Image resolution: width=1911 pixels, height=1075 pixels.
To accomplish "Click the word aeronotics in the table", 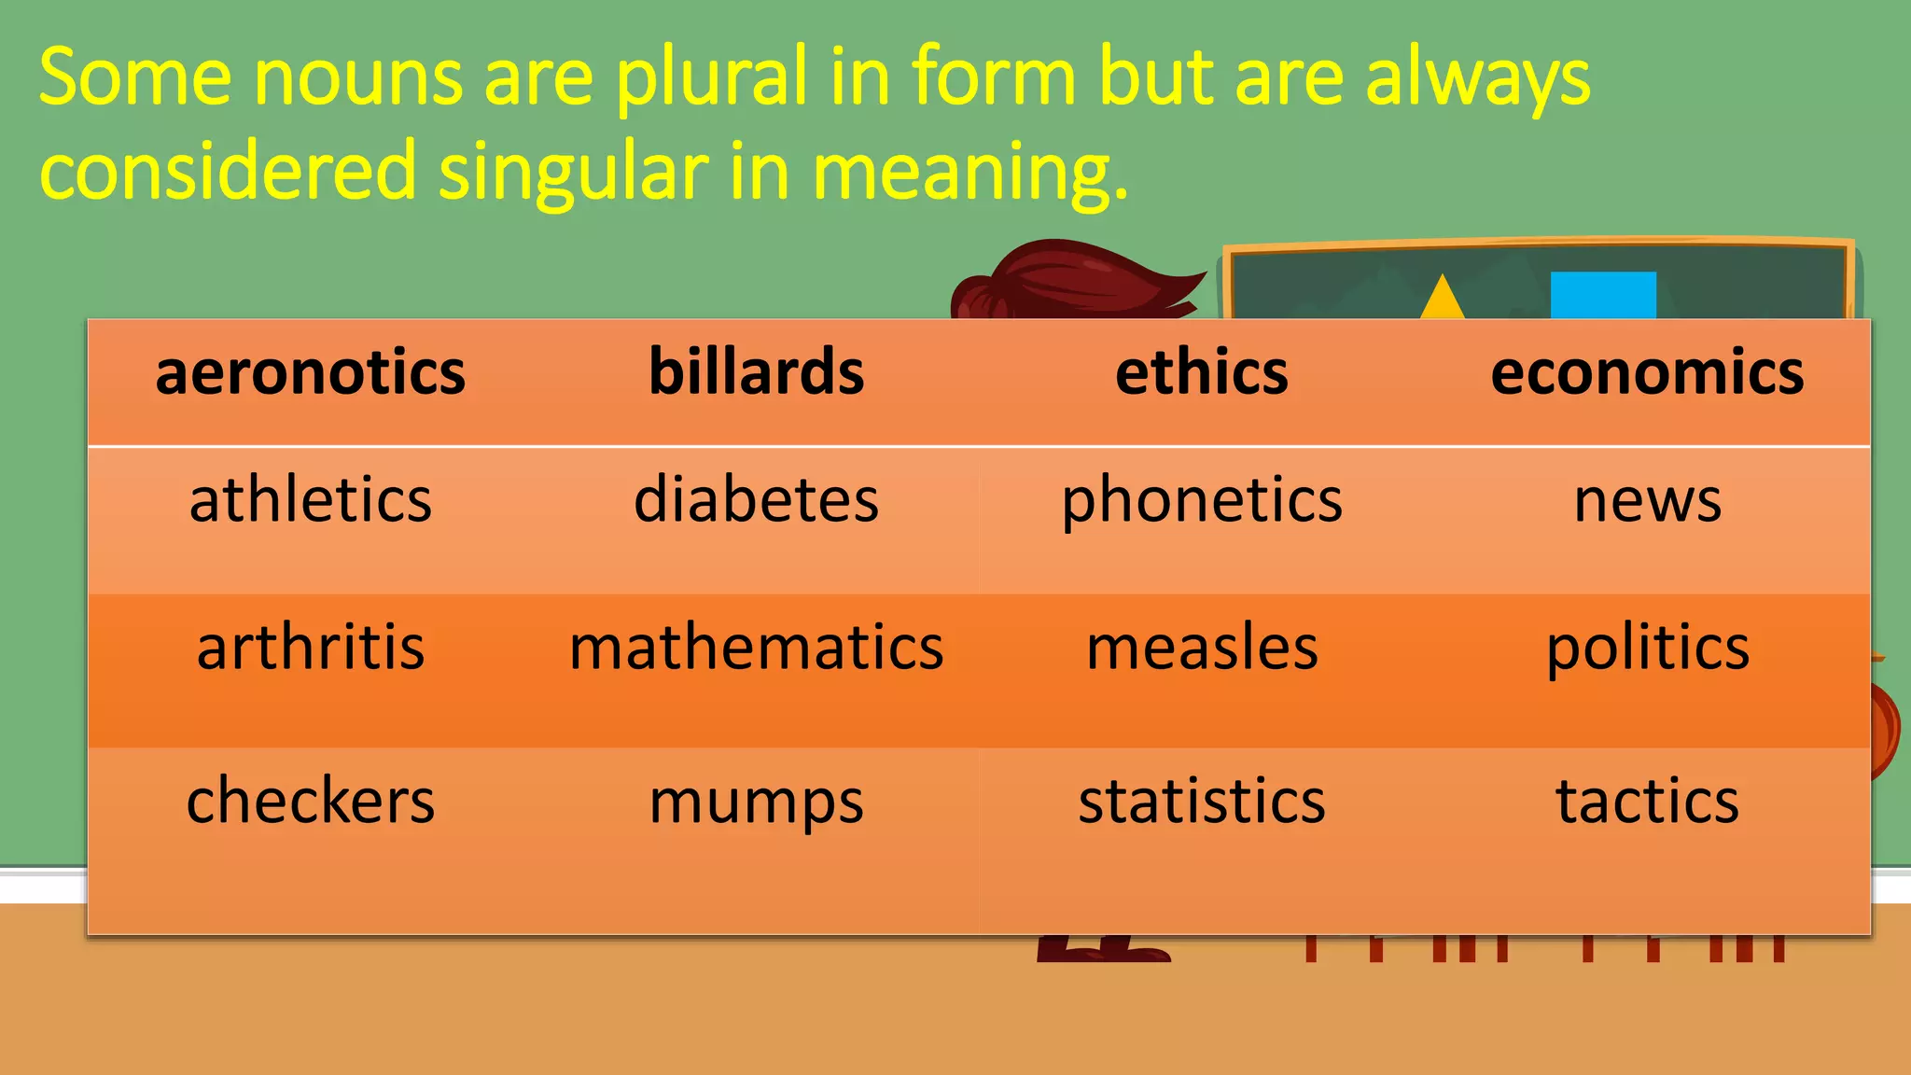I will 310,372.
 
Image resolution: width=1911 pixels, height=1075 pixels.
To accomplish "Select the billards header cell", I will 756,372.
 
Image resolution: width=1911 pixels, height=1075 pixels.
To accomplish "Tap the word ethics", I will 1202,372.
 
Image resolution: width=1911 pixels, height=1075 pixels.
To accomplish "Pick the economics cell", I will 1647,372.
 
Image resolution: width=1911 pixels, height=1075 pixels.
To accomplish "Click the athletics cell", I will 310,500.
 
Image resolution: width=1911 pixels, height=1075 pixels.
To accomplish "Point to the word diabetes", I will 756,500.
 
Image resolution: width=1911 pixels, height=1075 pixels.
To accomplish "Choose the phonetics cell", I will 1202,500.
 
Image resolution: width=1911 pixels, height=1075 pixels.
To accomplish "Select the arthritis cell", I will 310,648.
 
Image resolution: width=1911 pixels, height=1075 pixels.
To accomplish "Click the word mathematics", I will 756,648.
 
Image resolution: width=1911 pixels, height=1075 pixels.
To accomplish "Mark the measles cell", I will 1202,648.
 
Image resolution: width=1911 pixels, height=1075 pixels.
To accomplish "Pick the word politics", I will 1647,648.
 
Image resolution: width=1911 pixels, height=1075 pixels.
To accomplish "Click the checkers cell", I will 310,802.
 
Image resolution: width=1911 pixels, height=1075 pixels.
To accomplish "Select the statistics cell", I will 1202,802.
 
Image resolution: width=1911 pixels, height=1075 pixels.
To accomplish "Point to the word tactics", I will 1647,802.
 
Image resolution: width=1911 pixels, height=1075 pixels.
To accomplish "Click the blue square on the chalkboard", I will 1603,295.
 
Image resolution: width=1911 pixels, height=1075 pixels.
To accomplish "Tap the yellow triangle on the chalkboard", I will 1443,300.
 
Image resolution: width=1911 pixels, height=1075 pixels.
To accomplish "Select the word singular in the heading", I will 573,172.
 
